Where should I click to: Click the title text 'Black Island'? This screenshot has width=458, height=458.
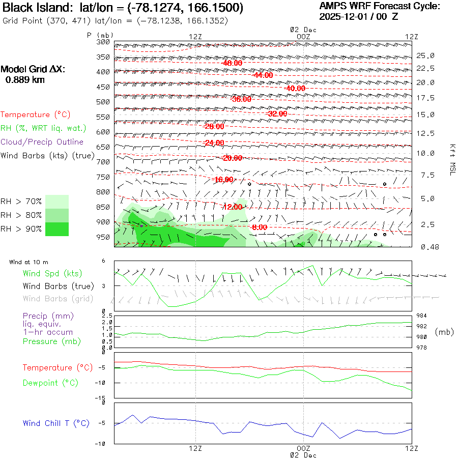point(33,8)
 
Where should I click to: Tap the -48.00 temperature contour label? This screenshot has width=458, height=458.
point(232,63)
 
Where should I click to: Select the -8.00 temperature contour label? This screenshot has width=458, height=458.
point(259,227)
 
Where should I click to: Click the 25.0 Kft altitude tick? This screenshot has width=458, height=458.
point(425,55)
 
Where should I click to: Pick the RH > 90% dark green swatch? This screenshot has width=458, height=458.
point(57,229)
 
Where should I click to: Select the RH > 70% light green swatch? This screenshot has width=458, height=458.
point(57,202)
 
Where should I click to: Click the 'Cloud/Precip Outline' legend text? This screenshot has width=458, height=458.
point(42,142)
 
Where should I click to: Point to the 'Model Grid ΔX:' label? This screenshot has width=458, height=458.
point(33,69)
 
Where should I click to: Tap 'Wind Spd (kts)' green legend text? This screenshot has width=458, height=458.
point(52,273)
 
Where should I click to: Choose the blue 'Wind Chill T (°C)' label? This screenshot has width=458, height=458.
point(56,423)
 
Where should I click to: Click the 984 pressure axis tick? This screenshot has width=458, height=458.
point(422,316)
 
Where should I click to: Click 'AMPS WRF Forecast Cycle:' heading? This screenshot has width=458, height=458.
point(379,6)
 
